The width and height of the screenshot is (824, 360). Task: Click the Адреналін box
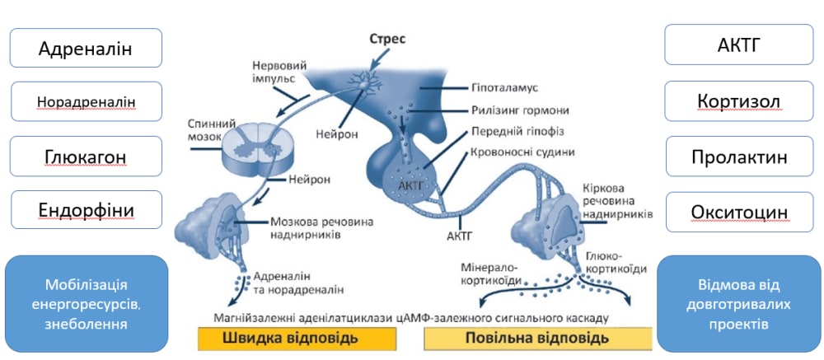pos(86,47)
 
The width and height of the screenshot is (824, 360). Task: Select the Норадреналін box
pos(86,101)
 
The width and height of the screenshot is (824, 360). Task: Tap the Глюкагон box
pos(86,157)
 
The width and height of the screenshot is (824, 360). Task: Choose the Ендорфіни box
pos(86,210)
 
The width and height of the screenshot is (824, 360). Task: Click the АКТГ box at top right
pos(739,44)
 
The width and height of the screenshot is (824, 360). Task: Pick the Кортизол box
pos(739,101)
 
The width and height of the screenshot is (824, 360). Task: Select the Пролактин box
pos(739,157)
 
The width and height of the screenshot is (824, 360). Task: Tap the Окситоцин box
pos(739,212)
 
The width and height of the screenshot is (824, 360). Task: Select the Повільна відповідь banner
pos(536,338)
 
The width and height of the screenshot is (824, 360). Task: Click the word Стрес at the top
pos(386,38)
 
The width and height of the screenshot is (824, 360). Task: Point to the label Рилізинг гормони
pos(520,110)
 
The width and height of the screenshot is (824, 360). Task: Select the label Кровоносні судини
pos(522,152)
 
